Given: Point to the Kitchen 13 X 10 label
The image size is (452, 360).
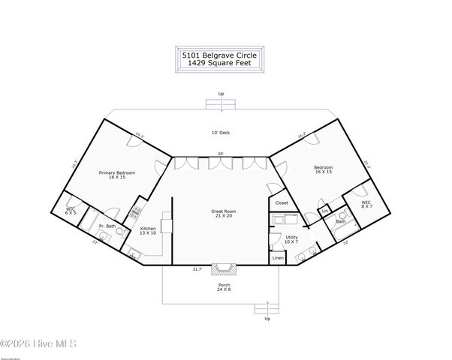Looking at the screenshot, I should pos(149,230).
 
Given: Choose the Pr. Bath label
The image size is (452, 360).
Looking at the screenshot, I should pos(106,226).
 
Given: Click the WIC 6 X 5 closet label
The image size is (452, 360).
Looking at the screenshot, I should pos(71,211).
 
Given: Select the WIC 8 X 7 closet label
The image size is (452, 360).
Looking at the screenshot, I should pos(366,204).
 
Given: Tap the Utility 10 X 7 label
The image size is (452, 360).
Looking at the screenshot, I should pos(291,239).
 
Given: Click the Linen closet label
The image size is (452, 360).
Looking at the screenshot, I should pos(278,258).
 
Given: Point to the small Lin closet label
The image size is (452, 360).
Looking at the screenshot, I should pos(325,211).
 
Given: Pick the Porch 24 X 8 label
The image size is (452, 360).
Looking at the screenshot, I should pos(223,287).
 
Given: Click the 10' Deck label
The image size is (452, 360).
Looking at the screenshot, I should pos(220,133).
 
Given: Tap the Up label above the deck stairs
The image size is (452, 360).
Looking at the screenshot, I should pos(221,94).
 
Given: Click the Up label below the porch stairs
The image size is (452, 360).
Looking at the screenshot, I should pos(267,318).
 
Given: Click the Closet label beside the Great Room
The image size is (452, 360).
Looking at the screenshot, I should pos(282,202).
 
